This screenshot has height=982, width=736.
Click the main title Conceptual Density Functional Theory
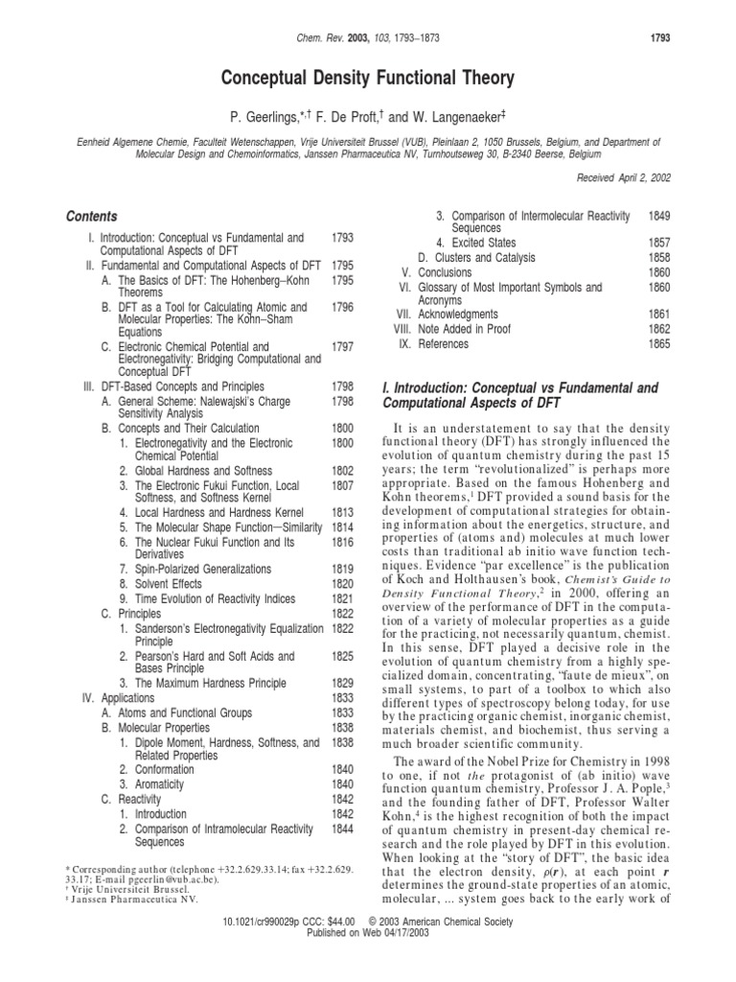tap(367, 77)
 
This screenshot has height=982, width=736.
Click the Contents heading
tap(92, 217)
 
